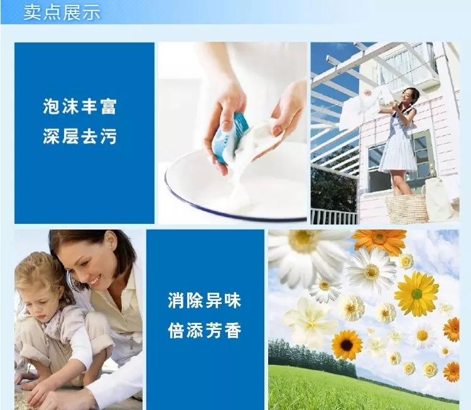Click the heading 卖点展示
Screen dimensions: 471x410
coord(62,13)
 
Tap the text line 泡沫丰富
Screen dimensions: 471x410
coord(80,107)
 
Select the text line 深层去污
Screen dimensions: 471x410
coord(80,137)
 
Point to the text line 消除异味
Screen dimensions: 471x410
coord(205,300)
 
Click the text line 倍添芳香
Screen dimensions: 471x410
coord(205,331)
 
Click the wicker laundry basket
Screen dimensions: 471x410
coord(407,208)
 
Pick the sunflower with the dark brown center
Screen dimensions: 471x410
coord(347,345)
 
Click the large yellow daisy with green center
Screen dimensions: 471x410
coord(416,294)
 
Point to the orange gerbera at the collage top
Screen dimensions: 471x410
coord(379,239)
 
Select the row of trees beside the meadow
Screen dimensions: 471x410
coord(312,357)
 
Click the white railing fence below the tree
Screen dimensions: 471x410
coord(334,216)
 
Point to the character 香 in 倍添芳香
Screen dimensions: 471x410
coord(233,331)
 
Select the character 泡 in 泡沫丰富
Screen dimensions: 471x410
coord(51,107)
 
